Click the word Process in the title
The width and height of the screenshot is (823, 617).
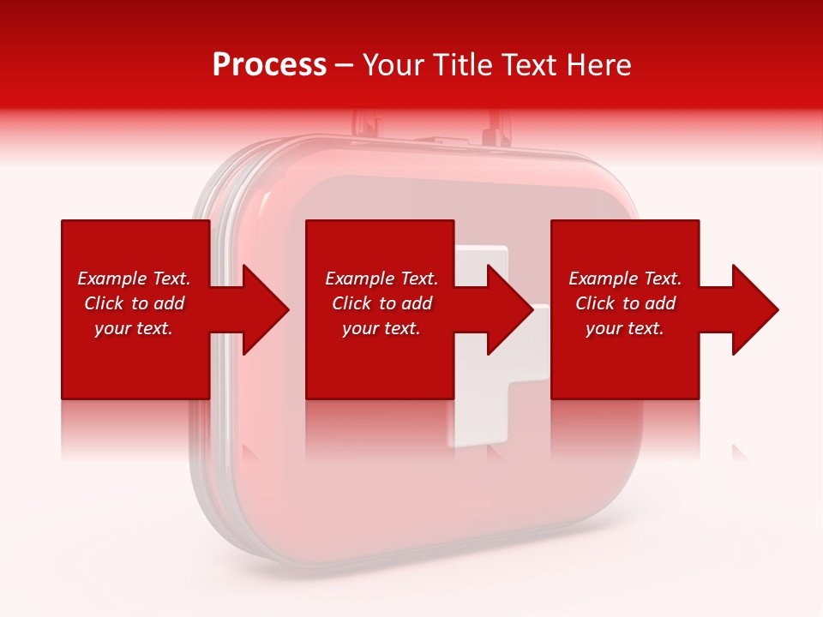(269, 65)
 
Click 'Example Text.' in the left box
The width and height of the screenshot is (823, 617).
(134, 279)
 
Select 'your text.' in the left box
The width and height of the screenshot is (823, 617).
(134, 328)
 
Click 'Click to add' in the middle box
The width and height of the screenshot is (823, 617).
(381, 303)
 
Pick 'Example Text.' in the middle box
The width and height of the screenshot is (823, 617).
(381, 279)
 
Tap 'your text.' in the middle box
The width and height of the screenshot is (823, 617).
(381, 328)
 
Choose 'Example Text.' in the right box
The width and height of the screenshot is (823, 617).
(625, 279)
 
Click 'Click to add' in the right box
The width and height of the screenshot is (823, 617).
(625, 303)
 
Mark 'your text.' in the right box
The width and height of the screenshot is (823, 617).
(625, 328)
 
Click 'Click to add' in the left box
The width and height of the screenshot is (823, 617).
(134, 303)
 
